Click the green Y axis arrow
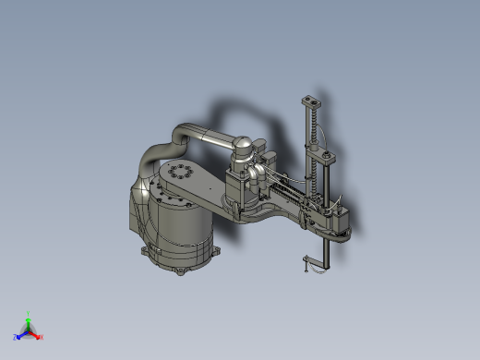tap(29, 322)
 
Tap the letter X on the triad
tap(42, 337)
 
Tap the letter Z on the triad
tap(16, 338)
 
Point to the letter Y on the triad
tap(29, 314)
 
